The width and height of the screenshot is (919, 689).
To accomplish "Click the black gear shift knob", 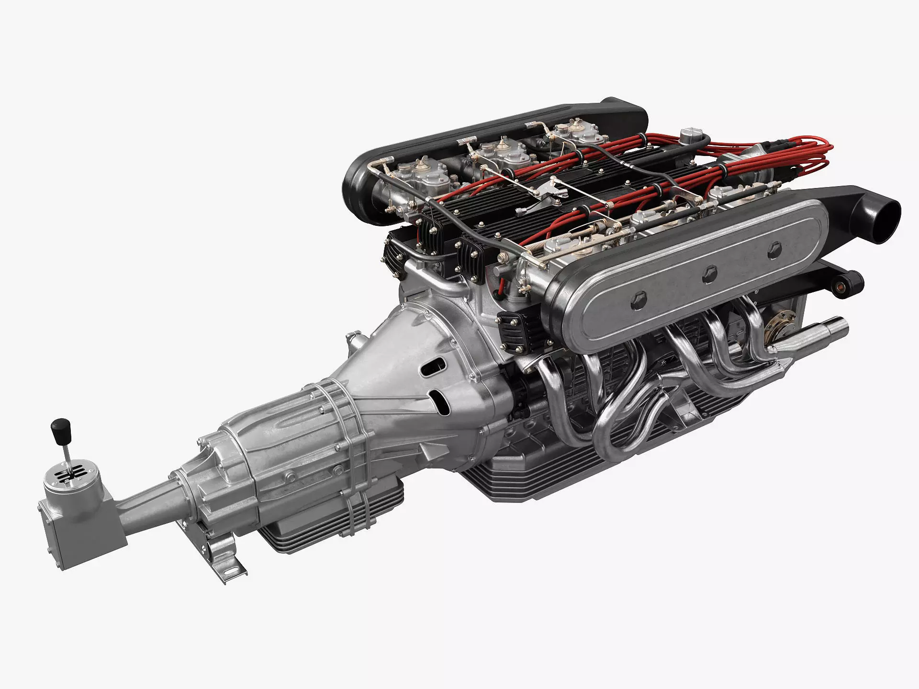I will coord(61,426).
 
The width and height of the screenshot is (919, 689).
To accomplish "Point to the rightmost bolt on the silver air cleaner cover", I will coord(774,249).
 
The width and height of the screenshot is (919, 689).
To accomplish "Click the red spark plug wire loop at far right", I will coord(814,153).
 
